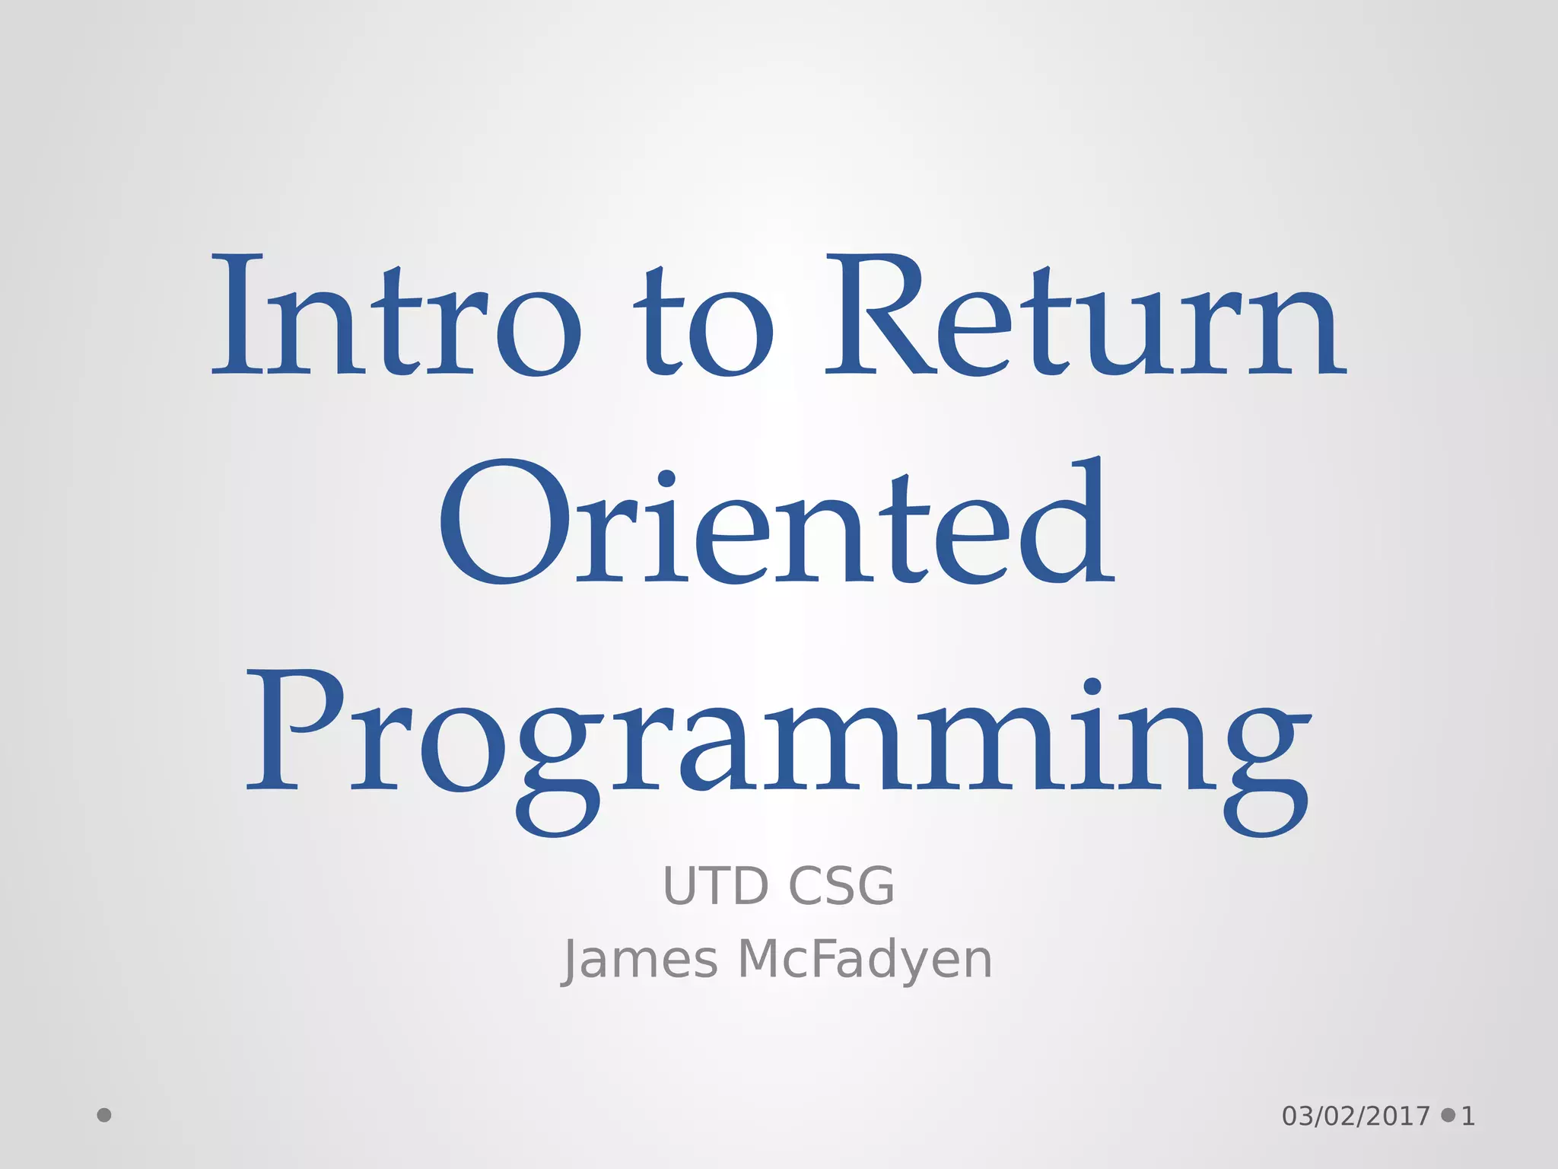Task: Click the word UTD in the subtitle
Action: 715,887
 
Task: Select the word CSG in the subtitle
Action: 841,887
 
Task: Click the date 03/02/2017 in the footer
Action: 1356,1116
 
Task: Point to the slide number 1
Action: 1468,1116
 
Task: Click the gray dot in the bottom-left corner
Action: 104,1115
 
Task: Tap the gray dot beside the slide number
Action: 1448,1115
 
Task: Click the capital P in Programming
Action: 293,731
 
